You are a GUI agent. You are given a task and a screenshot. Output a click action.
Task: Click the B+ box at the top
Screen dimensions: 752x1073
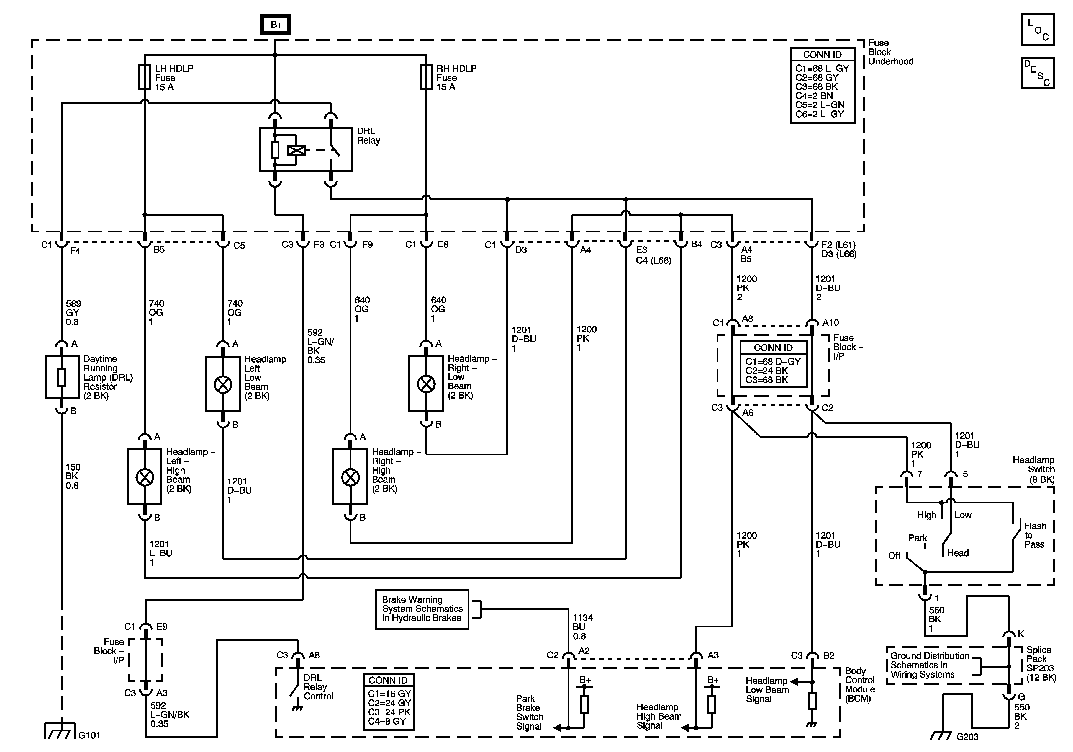[x=276, y=24]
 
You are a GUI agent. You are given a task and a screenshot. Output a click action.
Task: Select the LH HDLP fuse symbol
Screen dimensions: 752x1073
[x=144, y=77]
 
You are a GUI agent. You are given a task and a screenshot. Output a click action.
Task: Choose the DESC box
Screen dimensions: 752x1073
[x=1038, y=73]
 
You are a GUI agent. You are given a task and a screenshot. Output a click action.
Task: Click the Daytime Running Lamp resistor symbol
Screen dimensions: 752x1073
[x=62, y=377]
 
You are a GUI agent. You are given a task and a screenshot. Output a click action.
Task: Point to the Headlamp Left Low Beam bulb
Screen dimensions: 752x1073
[x=223, y=384]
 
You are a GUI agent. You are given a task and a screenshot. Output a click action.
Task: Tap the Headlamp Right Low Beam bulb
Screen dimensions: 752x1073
[x=426, y=384]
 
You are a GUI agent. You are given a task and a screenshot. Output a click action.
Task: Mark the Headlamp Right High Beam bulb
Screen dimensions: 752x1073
[x=350, y=477]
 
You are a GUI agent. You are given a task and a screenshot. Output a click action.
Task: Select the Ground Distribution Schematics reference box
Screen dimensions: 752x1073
[x=930, y=665]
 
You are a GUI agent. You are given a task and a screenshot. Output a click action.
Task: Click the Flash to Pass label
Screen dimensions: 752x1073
[x=1035, y=535]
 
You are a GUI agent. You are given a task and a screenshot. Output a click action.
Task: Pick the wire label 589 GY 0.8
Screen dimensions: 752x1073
[x=73, y=312]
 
